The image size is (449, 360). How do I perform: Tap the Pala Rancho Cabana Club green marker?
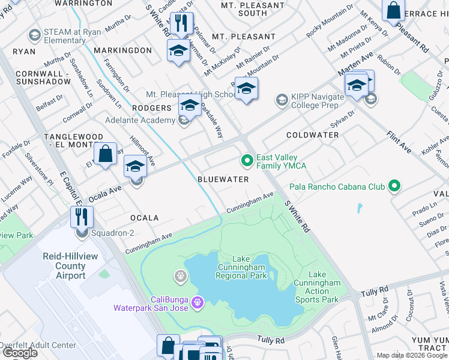point(394,187)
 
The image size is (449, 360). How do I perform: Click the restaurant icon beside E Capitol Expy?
point(82,216)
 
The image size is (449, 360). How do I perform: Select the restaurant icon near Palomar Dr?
point(181,24)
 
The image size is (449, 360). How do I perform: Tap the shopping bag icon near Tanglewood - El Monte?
point(106,153)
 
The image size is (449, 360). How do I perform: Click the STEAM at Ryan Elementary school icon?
point(35,35)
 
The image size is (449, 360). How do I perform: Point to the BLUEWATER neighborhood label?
point(223,179)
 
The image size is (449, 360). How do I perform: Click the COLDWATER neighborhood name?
point(312,135)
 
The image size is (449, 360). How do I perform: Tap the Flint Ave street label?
point(399,142)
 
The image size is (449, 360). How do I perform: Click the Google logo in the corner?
point(20,353)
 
